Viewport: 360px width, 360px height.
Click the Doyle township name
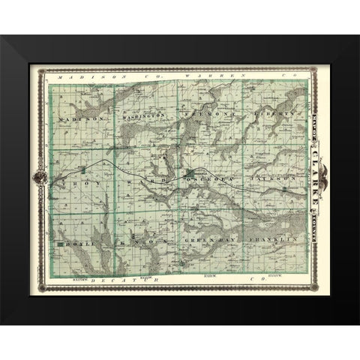(75, 244)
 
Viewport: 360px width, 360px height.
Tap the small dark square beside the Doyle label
(60, 244)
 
